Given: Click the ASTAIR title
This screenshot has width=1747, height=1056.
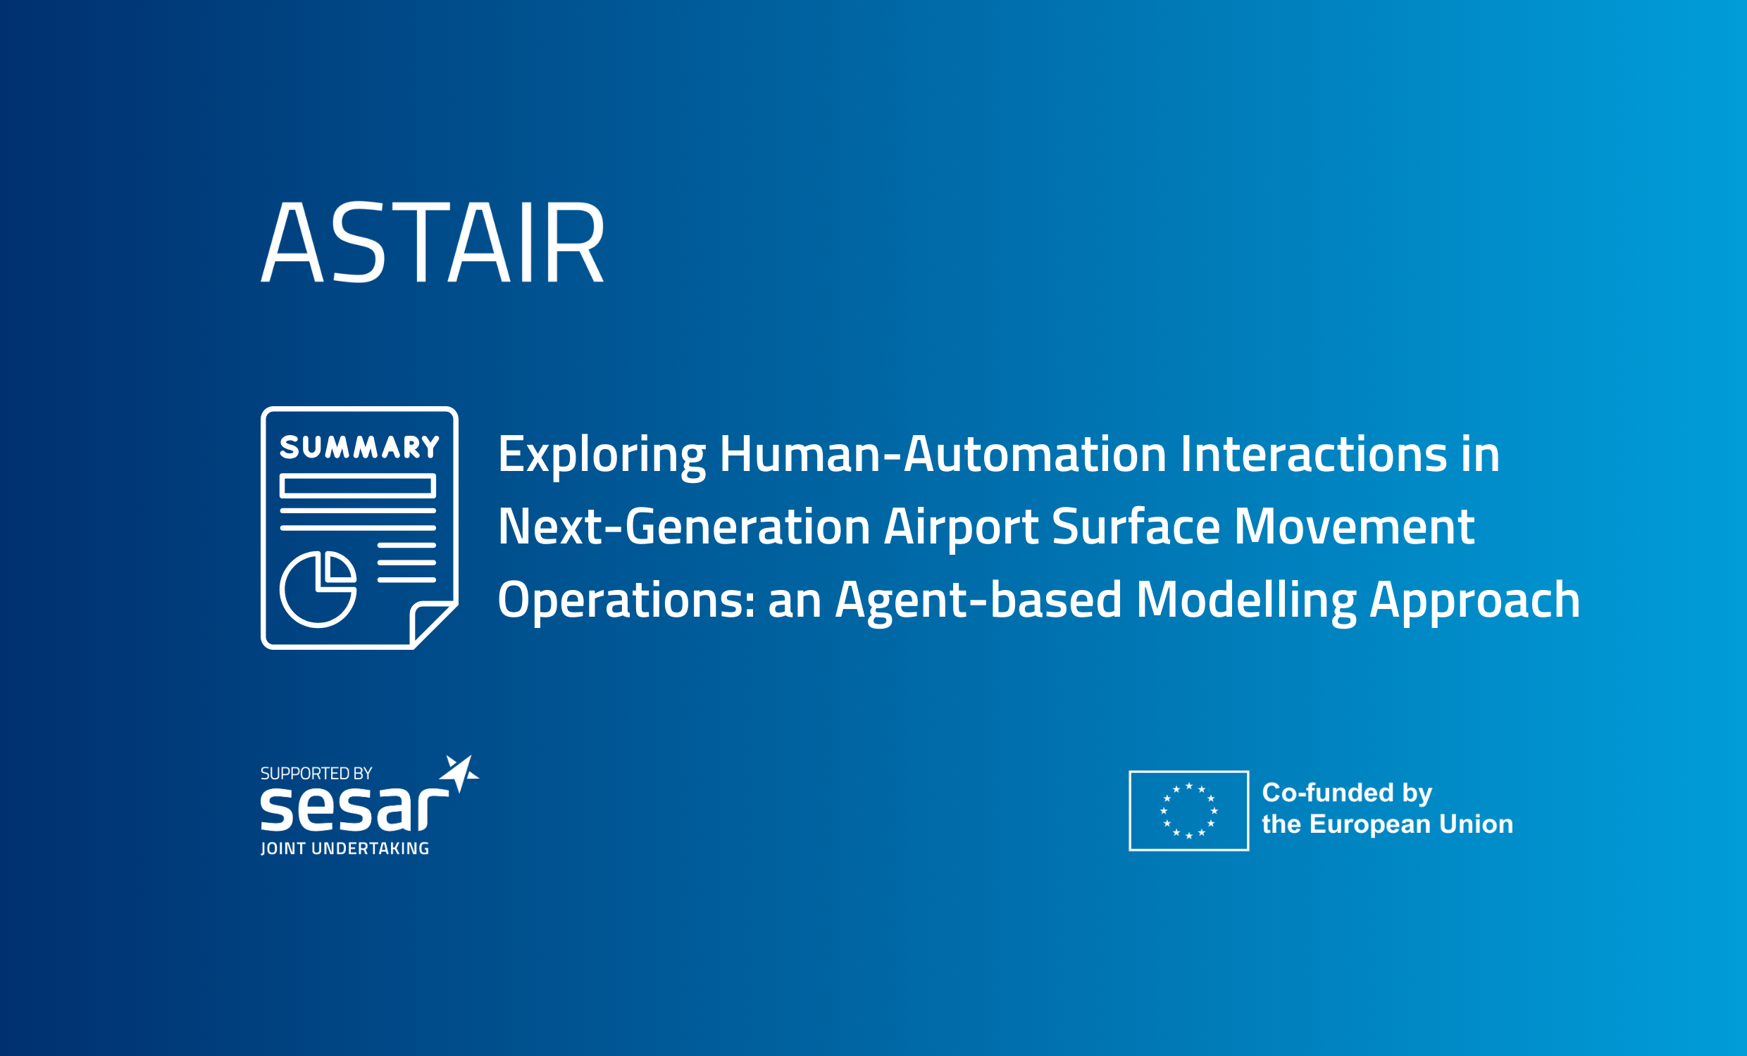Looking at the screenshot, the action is pyautogui.click(x=433, y=242).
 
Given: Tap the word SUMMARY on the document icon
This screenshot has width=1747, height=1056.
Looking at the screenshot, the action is pyautogui.click(x=359, y=447).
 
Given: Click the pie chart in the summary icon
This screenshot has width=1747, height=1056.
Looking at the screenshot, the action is pyautogui.click(x=318, y=589).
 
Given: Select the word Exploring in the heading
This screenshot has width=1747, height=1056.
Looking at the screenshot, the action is pyautogui.click(x=602, y=455).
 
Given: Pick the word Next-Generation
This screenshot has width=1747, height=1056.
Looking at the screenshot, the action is pyautogui.click(x=683, y=527).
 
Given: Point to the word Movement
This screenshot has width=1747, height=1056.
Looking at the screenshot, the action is pyautogui.click(x=1354, y=527).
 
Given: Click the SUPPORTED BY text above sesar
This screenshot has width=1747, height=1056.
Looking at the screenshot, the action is pyautogui.click(x=316, y=773).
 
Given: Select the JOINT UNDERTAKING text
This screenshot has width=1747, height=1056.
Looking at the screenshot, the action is pyautogui.click(x=344, y=848).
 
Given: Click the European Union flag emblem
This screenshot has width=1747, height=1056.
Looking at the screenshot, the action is pyautogui.click(x=1189, y=811).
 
